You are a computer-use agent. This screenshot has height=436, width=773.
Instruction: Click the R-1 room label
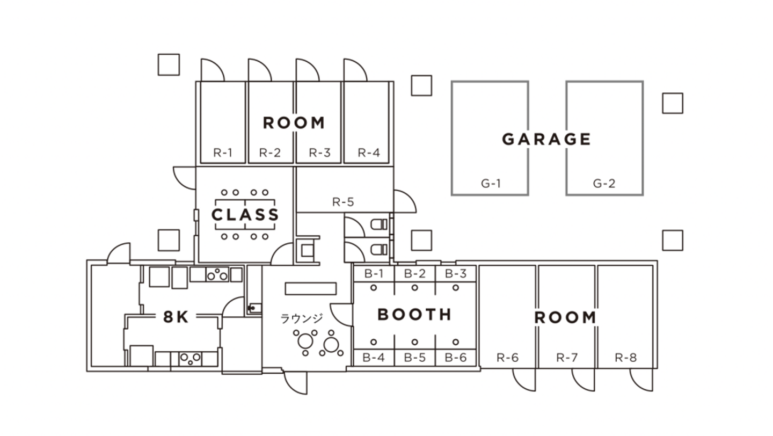click(x=223, y=152)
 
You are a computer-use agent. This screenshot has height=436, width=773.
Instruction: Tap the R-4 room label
click(x=369, y=152)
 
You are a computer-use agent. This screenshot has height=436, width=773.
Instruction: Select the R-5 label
click(x=343, y=201)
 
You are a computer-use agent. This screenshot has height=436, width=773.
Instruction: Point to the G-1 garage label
click(x=491, y=183)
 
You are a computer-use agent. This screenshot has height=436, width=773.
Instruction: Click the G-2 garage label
click(x=604, y=183)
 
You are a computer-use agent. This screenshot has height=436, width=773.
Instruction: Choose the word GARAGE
click(x=546, y=139)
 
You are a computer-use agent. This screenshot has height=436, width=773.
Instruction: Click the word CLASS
click(x=245, y=215)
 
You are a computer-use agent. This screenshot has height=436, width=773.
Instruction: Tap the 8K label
click(x=176, y=317)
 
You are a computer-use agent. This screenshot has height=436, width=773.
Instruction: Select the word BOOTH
click(x=414, y=315)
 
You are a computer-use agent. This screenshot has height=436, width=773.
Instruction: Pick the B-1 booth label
click(x=374, y=274)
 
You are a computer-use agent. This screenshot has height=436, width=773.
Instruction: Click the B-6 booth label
click(x=456, y=358)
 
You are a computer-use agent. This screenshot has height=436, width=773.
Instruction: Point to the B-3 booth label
click(x=456, y=274)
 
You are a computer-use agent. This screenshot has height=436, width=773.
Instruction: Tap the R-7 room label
click(x=567, y=358)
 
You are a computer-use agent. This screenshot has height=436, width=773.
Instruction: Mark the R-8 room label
click(x=625, y=358)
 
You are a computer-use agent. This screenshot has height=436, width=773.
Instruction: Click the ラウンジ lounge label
click(x=302, y=318)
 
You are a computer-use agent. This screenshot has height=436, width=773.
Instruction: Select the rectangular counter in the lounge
click(x=311, y=288)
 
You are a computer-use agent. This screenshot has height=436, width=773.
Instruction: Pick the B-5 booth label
click(x=414, y=358)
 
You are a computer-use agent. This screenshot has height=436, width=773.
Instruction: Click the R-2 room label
click(x=270, y=152)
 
